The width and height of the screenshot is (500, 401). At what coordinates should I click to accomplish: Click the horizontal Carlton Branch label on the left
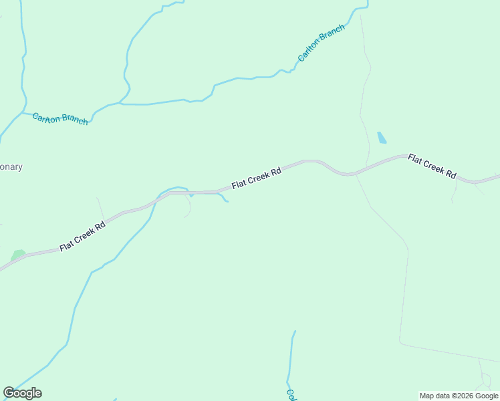click(x=60, y=118)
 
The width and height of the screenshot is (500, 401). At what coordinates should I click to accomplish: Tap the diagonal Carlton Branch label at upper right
click(x=321, y=43)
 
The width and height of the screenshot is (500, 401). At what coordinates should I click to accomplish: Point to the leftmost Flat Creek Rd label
click(x=83, y=237)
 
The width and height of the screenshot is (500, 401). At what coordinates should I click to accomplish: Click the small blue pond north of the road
click(x=382, y=138)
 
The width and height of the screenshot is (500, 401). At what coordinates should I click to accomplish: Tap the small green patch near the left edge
click(x=18, y=255)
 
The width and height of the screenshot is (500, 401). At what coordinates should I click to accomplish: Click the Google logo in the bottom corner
click(x=22, y=393)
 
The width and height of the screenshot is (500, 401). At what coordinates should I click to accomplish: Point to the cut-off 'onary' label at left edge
click(x=11, y=167)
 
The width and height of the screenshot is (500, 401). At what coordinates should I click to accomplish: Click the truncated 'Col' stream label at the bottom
click(x=291, y=394)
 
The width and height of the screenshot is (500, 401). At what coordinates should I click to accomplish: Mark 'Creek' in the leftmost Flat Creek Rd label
click(x=85, y=236)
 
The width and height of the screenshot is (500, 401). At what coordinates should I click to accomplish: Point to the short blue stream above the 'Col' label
click(x=291, y=354)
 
